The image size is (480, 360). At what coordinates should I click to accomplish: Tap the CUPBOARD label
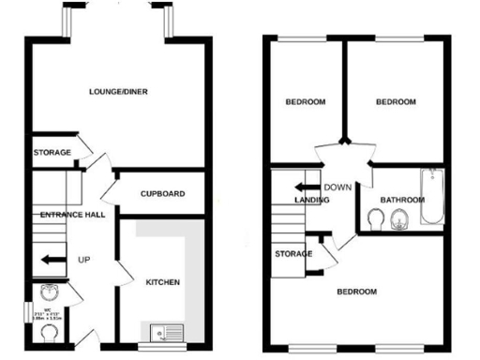162,194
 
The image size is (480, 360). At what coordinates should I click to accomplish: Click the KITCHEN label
162,282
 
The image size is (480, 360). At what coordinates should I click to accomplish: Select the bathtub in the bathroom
432,196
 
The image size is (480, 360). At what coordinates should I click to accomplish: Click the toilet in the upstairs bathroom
375,219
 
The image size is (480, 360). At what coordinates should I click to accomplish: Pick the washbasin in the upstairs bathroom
399,220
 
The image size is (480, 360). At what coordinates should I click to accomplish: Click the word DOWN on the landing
337,187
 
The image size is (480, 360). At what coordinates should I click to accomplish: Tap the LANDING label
310,200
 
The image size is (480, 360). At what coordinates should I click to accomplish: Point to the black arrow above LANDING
302,186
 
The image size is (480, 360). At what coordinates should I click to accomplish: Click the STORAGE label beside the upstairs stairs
293,254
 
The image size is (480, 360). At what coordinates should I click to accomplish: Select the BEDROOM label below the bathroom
357,292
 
